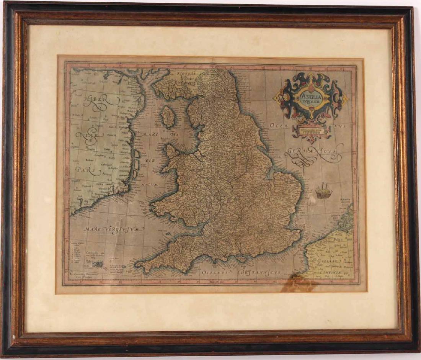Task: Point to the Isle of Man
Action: (x=168, y=116)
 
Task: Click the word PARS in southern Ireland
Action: (x=86, y=169)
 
